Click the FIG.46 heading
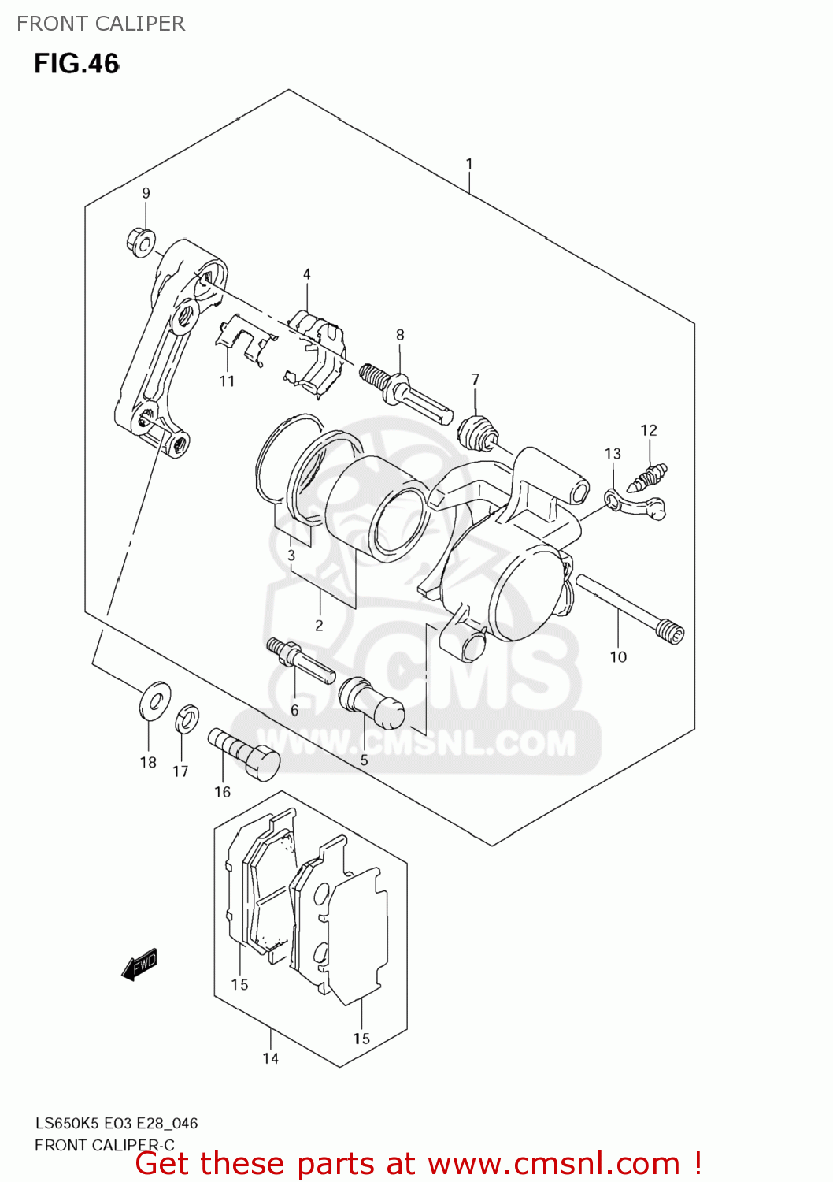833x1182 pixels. coord(76,64)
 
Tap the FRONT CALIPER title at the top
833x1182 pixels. coord(101,24)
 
